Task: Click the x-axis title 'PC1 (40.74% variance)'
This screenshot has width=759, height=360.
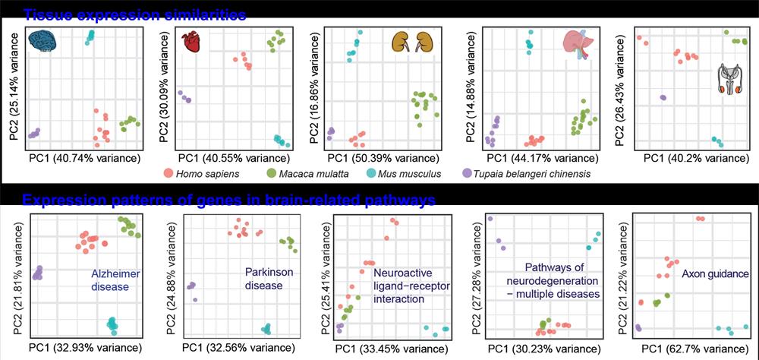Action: tap(84, 159)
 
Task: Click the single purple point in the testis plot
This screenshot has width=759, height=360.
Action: tap(663, 97)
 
